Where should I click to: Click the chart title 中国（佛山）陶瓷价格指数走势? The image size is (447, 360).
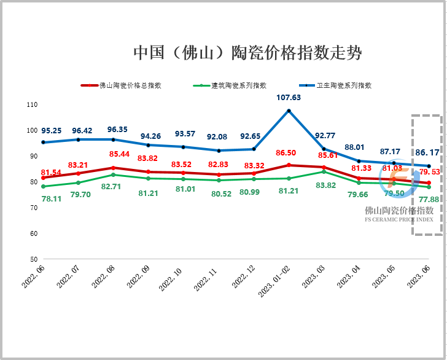pos(247,52)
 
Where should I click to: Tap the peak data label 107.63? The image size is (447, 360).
pos(289,98)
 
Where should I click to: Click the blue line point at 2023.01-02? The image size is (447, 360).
pos(289,111)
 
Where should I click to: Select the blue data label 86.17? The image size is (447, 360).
pos(427,152)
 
